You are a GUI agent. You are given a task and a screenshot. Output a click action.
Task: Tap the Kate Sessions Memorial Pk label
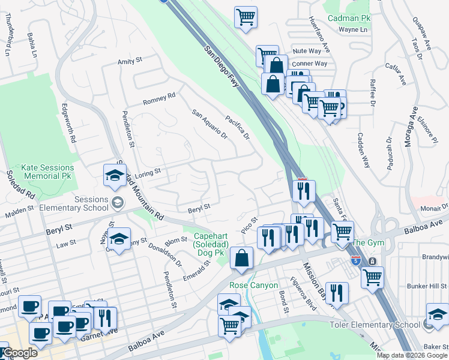(47, 172)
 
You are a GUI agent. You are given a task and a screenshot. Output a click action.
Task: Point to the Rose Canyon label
(253, 285)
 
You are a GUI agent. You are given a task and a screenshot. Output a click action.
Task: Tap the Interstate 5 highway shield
(355, 261)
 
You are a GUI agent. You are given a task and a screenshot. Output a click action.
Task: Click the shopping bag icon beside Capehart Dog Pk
(241, 259)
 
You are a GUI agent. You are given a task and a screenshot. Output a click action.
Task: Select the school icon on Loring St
(115, 175)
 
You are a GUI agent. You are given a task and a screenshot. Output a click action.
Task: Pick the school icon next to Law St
(119, 241)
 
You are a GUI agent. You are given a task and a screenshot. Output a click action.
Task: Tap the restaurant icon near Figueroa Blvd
(337, 293)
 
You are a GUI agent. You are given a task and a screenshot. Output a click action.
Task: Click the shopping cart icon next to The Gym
(342, 232)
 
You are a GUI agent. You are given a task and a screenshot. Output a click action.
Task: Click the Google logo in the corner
(20, 353)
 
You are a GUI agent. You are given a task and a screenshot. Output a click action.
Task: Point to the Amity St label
(129, 61)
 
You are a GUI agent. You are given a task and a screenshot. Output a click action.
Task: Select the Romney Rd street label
(159, 98)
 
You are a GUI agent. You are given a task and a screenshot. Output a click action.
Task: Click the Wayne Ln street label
(352, 29)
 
